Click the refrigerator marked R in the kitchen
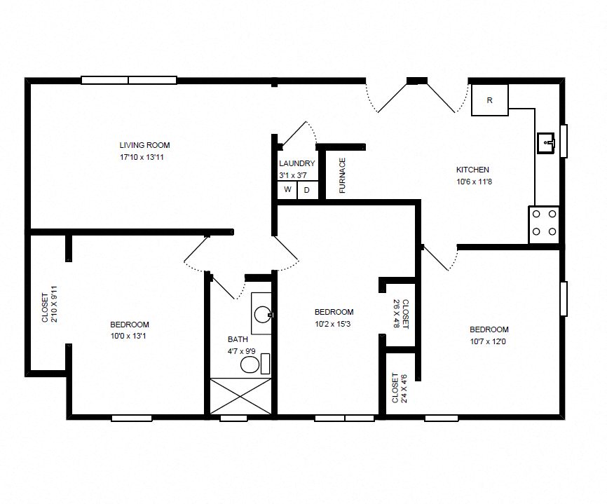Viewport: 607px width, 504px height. tap(489, 100)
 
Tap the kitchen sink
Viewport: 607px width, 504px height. tap(546, 144)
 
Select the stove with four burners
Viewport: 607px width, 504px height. tap(544, 224)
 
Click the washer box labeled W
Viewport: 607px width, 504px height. tap(287, 190)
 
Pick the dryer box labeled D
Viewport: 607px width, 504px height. tap(306, 190)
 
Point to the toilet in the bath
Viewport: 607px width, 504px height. tap(250, 365)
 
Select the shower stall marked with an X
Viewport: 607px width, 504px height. tap(240, 397)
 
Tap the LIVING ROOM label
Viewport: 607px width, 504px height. tap(144, 145)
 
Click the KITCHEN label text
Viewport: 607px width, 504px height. tap(472, 170)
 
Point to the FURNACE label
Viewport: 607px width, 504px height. tap(343, 175)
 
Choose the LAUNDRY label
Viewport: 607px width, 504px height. tap(297, 163)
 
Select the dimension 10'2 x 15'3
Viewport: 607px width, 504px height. tap(334, 324)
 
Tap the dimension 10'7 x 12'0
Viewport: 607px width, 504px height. tap(489, 341)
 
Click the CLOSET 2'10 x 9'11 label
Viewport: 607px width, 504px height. tap(49, 306)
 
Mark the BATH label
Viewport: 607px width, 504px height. tap(238, 339)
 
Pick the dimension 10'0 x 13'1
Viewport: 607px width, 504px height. tap(130, 336)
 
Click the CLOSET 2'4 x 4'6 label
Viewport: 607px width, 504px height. tap(399, 388)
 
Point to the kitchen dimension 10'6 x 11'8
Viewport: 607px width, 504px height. tap(472, 182)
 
